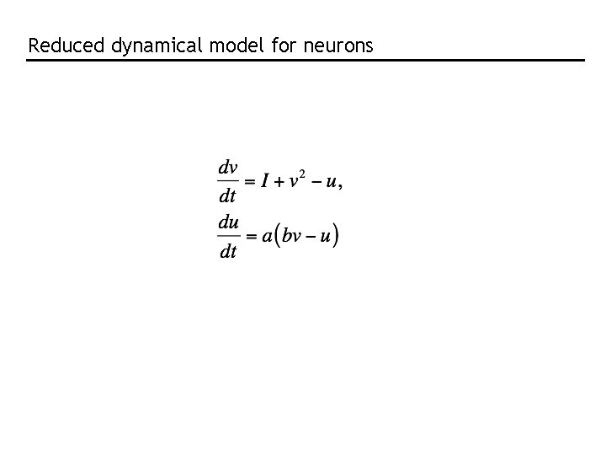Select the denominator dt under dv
[227, 197]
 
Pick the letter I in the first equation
[264, 181]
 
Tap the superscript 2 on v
[302, 174]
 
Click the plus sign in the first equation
[279, 182]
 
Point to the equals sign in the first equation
[250, 182]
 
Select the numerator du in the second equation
[227, 222]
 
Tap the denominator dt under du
[227, 252]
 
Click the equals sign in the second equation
[250, 237]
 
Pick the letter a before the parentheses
[267, 237]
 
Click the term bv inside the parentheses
[291, 236]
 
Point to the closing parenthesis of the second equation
[336, 236]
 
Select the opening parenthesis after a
[277, 236]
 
